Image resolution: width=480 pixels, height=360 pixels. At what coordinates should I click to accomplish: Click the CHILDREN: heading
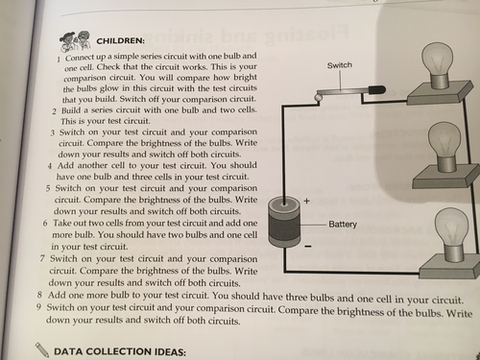(121, 41)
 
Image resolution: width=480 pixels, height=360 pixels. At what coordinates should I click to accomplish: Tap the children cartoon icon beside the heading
(76, 41)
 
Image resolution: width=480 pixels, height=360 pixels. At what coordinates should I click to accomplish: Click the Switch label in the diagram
(340, 65)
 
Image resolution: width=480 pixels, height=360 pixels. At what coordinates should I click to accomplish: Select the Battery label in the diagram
(343, 224)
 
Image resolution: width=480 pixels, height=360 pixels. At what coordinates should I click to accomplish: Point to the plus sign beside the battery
(307, 201)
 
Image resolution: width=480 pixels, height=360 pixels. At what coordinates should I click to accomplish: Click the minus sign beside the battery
(308, 247)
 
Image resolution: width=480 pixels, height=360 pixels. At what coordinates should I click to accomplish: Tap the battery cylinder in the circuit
(284, 222)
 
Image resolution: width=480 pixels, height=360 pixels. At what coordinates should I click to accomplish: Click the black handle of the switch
(376, 90)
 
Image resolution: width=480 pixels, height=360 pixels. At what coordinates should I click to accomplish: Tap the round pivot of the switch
(319, 97)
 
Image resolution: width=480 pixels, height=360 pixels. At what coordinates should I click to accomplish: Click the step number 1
(59, 60)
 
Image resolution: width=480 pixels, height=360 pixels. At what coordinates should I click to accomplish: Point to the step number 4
(50, 166)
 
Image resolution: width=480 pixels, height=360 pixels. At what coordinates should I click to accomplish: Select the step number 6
(45, 223)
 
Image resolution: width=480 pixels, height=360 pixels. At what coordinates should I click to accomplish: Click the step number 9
(38, 307)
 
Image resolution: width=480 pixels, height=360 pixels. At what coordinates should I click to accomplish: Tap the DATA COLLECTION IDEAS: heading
(120, 351)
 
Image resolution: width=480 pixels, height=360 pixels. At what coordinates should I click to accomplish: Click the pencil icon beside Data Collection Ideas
(41, 349)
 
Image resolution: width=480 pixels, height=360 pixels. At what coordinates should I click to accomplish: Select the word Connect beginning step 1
(80, 58)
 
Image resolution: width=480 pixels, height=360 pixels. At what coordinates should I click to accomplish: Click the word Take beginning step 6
(61, 223)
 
